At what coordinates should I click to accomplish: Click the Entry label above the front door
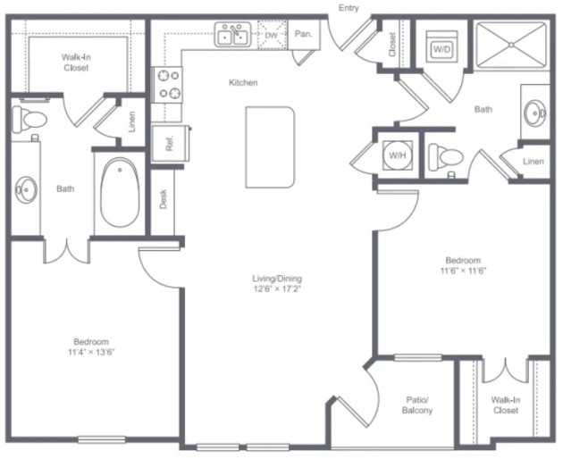(x=348, y=8)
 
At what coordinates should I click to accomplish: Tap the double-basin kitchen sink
(x=232, y=35)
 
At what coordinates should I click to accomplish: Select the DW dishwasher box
(x=273, y=35)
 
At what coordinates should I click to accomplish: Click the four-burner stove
(x=167, y=85)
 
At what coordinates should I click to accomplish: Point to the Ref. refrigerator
(x=170, y=143)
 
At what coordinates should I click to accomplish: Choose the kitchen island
(x=270, y=147)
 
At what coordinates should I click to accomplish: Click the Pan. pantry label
(x=303, y=34)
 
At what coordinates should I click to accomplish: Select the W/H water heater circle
(x=398, y=155)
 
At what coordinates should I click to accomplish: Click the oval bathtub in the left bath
(x=120, y=193)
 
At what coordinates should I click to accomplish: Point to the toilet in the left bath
(x=29, y=119)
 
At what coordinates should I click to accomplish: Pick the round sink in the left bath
(x=26, y=189)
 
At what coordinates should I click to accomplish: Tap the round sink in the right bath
(x=535, y=113)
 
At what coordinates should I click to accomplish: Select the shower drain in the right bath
(x=511, y=46)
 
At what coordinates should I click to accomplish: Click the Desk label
(x=164, y=199)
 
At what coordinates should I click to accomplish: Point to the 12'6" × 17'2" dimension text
(x=277, y=289)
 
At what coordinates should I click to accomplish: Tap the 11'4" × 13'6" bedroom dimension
(x=91, y=352)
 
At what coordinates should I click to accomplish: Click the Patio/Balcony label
(x=417, y=405)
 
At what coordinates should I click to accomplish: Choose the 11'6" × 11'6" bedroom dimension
(x=463, y=271)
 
